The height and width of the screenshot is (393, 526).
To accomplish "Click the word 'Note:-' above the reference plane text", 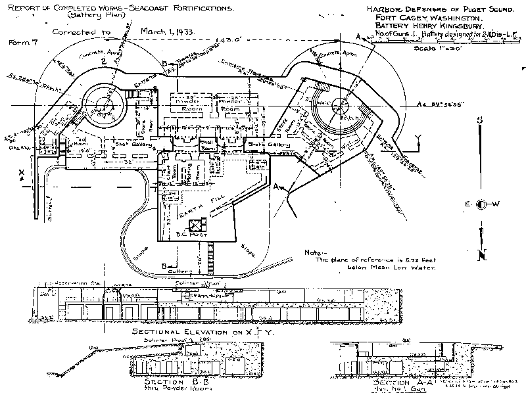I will pyautogui.click(x=315, y=252).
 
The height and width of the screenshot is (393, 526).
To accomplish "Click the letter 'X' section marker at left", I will pyautogui.click(x=22, y=173).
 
